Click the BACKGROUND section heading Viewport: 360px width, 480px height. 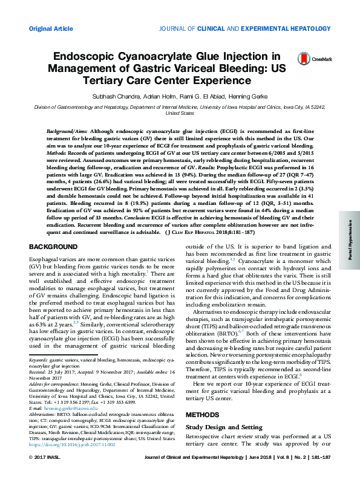pos(53,247)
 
